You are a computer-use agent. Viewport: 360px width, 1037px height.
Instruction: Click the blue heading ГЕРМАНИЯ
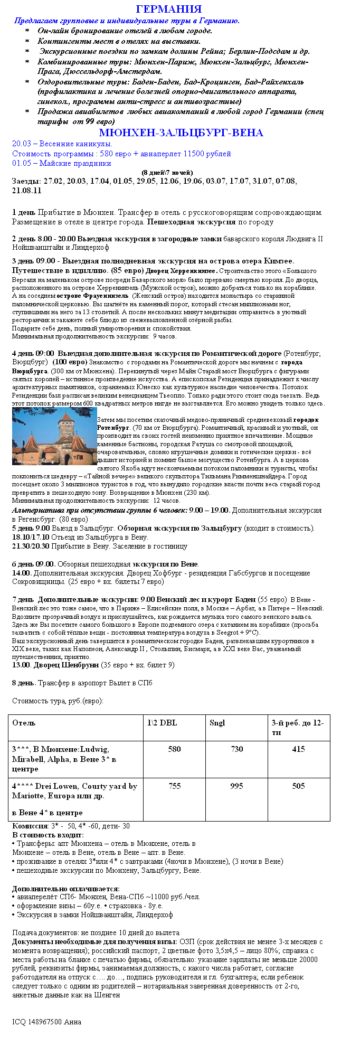point(168,9)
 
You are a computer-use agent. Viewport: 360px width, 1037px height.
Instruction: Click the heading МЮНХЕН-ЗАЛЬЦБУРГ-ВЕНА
point(181,133)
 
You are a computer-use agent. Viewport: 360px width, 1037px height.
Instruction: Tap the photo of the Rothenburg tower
point(54,436)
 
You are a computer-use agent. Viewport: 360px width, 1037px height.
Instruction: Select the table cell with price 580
point(174,749)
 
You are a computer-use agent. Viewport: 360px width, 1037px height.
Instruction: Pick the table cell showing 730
point(236,749)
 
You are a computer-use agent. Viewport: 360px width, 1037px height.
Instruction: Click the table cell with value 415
point(298,749)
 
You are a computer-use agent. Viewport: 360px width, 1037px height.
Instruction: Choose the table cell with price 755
point(174,786)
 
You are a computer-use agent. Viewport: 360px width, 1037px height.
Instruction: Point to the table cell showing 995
point(236,786)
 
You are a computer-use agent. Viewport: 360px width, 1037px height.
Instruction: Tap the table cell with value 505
point(298,786)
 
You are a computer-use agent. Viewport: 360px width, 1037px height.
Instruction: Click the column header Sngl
point(217,723)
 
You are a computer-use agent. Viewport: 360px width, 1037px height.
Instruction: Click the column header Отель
point(24,723)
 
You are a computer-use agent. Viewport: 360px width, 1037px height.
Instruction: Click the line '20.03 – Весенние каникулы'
point(62,144)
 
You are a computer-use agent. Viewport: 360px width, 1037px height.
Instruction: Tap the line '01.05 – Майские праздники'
point(62,163)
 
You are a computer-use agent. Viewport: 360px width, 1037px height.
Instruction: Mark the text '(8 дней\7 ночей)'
point(167,173)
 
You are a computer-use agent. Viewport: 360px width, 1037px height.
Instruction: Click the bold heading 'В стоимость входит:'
point(48,835)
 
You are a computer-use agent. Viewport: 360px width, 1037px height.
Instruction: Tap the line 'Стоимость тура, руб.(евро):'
point(58,701)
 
